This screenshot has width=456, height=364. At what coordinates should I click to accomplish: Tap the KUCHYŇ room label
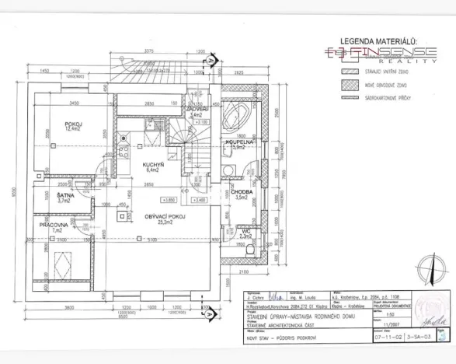(152, 165)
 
